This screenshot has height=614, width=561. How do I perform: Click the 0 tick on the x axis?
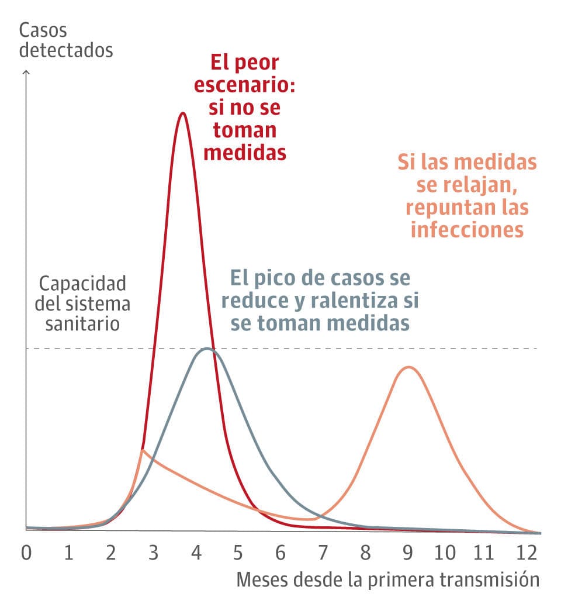26,553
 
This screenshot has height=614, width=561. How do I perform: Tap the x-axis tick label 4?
196,553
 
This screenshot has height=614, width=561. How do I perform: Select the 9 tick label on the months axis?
408,553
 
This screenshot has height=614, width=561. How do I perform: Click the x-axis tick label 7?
323,553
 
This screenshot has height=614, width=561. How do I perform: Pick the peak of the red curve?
183,113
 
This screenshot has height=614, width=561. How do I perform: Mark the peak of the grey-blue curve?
206,349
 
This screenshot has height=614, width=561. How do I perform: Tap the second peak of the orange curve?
408,367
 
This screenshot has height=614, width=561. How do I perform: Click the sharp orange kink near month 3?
143,450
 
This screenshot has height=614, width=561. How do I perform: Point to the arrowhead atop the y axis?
26,73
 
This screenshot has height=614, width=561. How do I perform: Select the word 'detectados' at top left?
65,50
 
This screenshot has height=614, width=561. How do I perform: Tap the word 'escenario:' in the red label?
244,85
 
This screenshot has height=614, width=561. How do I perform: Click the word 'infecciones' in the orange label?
467,229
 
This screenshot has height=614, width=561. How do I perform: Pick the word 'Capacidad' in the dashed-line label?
82,284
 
